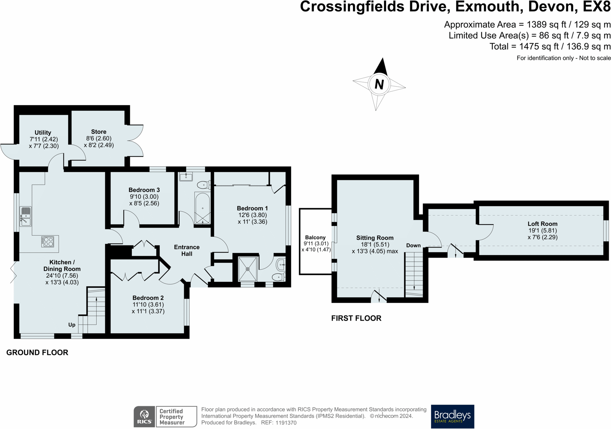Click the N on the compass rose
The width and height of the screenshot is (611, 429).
379,84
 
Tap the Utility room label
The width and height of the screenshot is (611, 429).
43,133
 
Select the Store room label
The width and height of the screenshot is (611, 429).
99,132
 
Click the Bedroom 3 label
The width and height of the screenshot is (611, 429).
144,190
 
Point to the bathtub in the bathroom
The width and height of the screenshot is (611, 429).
202,208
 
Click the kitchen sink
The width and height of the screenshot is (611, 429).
25,216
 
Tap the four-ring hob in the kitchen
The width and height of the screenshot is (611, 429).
47,241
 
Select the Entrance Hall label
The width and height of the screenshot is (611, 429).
187,250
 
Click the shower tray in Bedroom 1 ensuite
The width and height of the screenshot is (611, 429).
248,269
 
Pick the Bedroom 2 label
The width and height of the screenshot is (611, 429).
148,298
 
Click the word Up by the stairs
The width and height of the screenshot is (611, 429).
72,325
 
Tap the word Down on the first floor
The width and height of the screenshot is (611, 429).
413,245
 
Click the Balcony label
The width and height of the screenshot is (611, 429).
315,237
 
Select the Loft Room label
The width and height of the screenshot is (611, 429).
542,224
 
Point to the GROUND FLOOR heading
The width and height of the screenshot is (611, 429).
37,352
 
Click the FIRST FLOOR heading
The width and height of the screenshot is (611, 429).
356,318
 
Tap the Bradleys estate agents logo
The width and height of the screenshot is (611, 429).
452,416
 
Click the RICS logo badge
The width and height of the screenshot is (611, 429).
145,416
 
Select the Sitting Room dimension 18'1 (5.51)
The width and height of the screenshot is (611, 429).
375,244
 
